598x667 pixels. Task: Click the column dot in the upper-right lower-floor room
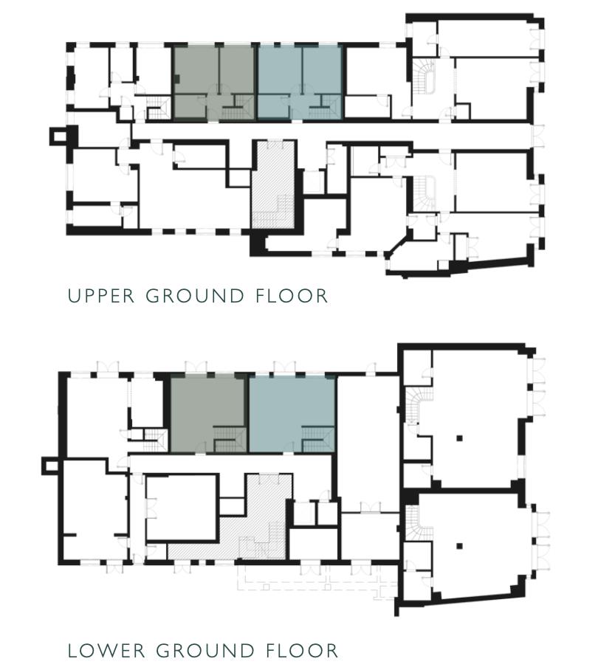tap(458, 438)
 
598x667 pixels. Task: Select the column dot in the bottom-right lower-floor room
tap(458, 547)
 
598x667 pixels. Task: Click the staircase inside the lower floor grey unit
tap(229, 443)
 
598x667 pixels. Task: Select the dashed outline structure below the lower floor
tap(317, 580)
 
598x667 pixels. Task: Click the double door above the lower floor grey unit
tap(196, 367)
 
